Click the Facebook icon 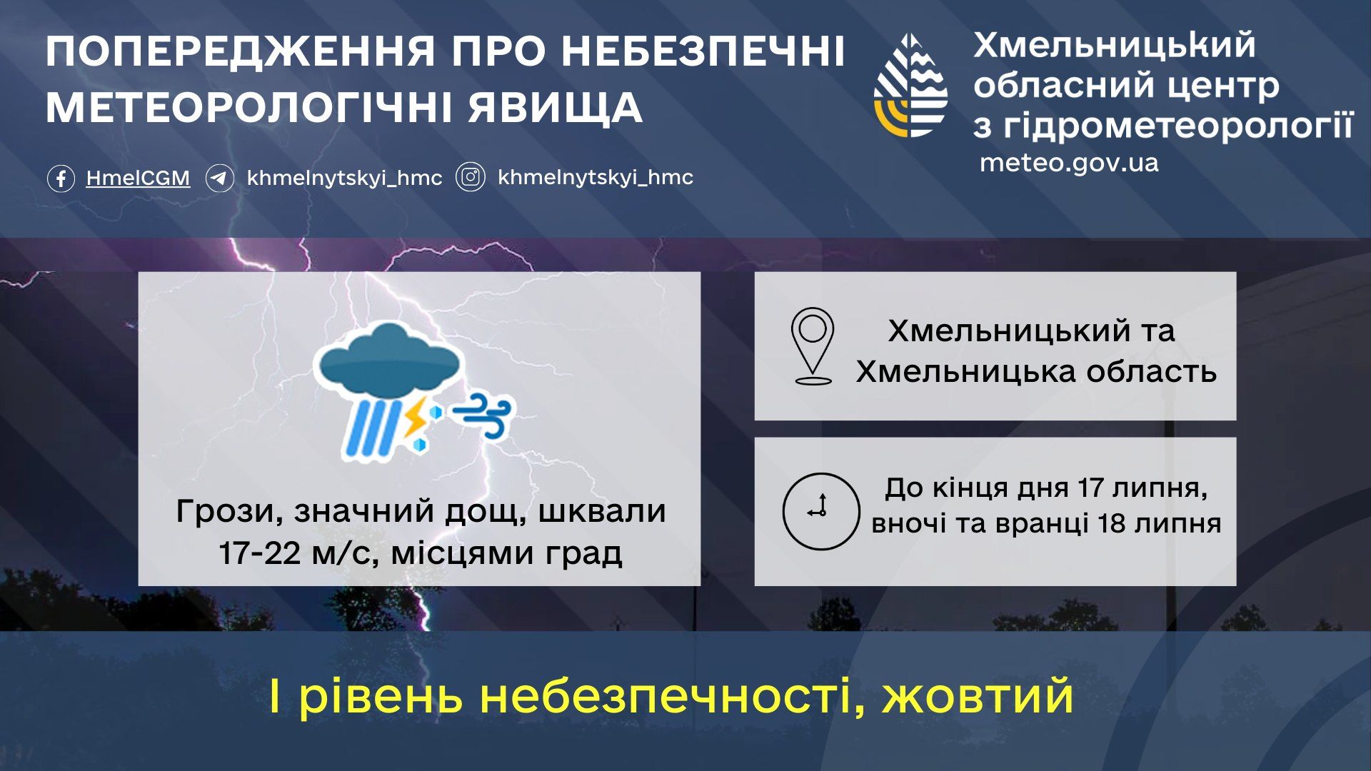pos(61,178)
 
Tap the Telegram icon pos(220,178)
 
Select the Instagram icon pos(471,177)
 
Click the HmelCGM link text pos(138,178)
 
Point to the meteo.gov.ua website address pos(1068,163)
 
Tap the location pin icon pos(813,346)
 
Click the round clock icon pos(820,511)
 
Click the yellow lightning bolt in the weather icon pos(414,418)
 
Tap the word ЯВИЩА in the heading pos(556,108)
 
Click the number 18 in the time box pos(1111,523)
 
